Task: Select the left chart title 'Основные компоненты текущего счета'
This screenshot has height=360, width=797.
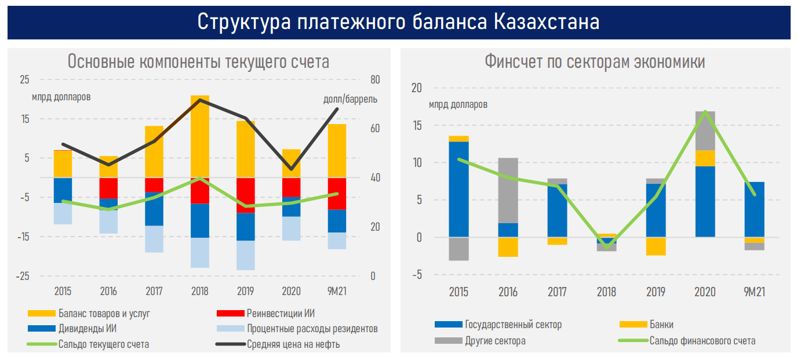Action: tap(198, 61)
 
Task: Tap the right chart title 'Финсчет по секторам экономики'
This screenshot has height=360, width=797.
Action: tap(595, 61)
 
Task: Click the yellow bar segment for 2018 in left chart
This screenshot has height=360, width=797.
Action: tap(200, 136)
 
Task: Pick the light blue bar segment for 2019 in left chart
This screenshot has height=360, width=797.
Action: tap(245, 255)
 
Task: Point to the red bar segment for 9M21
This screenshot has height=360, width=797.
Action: tap(337, 194)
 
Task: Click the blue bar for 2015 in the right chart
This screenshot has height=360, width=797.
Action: tap(459, 189)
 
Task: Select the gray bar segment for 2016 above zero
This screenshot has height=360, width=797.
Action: tap(508, 190)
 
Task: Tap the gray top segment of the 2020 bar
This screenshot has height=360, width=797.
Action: tap(705, 130)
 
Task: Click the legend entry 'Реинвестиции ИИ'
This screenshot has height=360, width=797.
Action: tap(281, 314)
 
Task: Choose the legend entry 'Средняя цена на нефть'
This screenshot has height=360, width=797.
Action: tap(293, 344)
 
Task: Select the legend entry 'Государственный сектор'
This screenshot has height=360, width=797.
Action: tap(513, 325)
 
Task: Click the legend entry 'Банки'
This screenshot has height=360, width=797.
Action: tap(661, 325)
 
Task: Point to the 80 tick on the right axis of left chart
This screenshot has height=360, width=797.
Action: tap(375, 79)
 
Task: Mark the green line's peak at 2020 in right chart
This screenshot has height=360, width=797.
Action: tap(705, 111)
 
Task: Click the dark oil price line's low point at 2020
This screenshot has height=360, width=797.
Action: tap(291, 170)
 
